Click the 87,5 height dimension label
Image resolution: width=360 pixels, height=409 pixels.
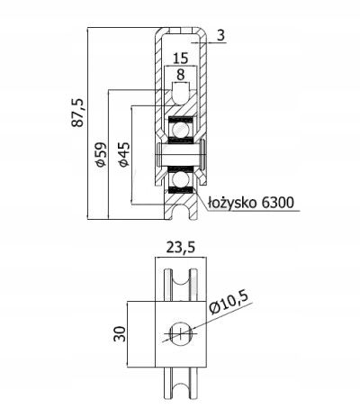point(78,113)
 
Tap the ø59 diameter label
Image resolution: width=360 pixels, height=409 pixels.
point(101,154)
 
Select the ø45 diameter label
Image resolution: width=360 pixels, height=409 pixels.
point(123,154)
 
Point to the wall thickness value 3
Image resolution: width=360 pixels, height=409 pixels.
point(220,35)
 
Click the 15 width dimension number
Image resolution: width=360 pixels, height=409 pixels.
point(181,58)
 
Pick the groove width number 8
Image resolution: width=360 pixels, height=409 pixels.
point(181,75)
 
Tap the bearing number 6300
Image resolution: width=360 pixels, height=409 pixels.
point(277,203)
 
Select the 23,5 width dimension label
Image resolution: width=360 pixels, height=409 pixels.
point(181,248)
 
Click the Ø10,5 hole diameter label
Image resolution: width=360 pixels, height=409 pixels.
point(229,303)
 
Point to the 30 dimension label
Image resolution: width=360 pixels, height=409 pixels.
point(120,333)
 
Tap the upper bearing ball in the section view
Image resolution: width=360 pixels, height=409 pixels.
point(180,130)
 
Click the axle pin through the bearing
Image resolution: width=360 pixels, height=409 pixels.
point(181,154)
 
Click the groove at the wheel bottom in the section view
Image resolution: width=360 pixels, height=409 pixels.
point(181,213)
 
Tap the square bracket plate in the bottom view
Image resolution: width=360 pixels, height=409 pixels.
point(181,334)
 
